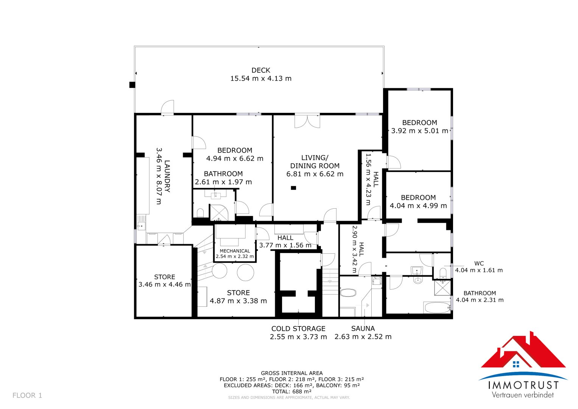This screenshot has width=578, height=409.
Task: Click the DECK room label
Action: click(261, 70)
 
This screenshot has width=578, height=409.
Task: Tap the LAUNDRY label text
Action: click(167, 176)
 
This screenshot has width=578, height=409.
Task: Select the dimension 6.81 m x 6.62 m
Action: click(315, 174)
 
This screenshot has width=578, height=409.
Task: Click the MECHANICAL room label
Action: click(235, 251)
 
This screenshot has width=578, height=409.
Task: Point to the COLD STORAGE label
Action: click(298, 329)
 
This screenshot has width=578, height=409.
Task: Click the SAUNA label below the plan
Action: click(363, 328)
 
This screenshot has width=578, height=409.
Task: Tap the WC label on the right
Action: click(479, 263)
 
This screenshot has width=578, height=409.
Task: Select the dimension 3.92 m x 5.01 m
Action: click(419, 131)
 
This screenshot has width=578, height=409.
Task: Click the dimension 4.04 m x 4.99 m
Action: click(418, 206)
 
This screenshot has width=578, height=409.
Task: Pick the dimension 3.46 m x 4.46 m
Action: click(165, 284)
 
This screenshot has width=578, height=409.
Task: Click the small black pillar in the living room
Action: click(293, 188)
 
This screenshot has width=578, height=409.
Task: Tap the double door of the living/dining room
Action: click(307, 121)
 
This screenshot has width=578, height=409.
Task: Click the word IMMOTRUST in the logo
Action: click(523, 385)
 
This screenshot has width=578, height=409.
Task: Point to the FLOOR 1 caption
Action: click(27, 396)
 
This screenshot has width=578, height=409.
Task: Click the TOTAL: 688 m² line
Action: click(291, 392)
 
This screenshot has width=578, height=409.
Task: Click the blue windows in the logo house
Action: click(516, 364)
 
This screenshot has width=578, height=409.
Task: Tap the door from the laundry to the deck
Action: click(167, 108)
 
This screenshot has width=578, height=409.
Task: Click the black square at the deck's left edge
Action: click(132, 85)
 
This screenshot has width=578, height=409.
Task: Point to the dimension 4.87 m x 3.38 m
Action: click(238, 301)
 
